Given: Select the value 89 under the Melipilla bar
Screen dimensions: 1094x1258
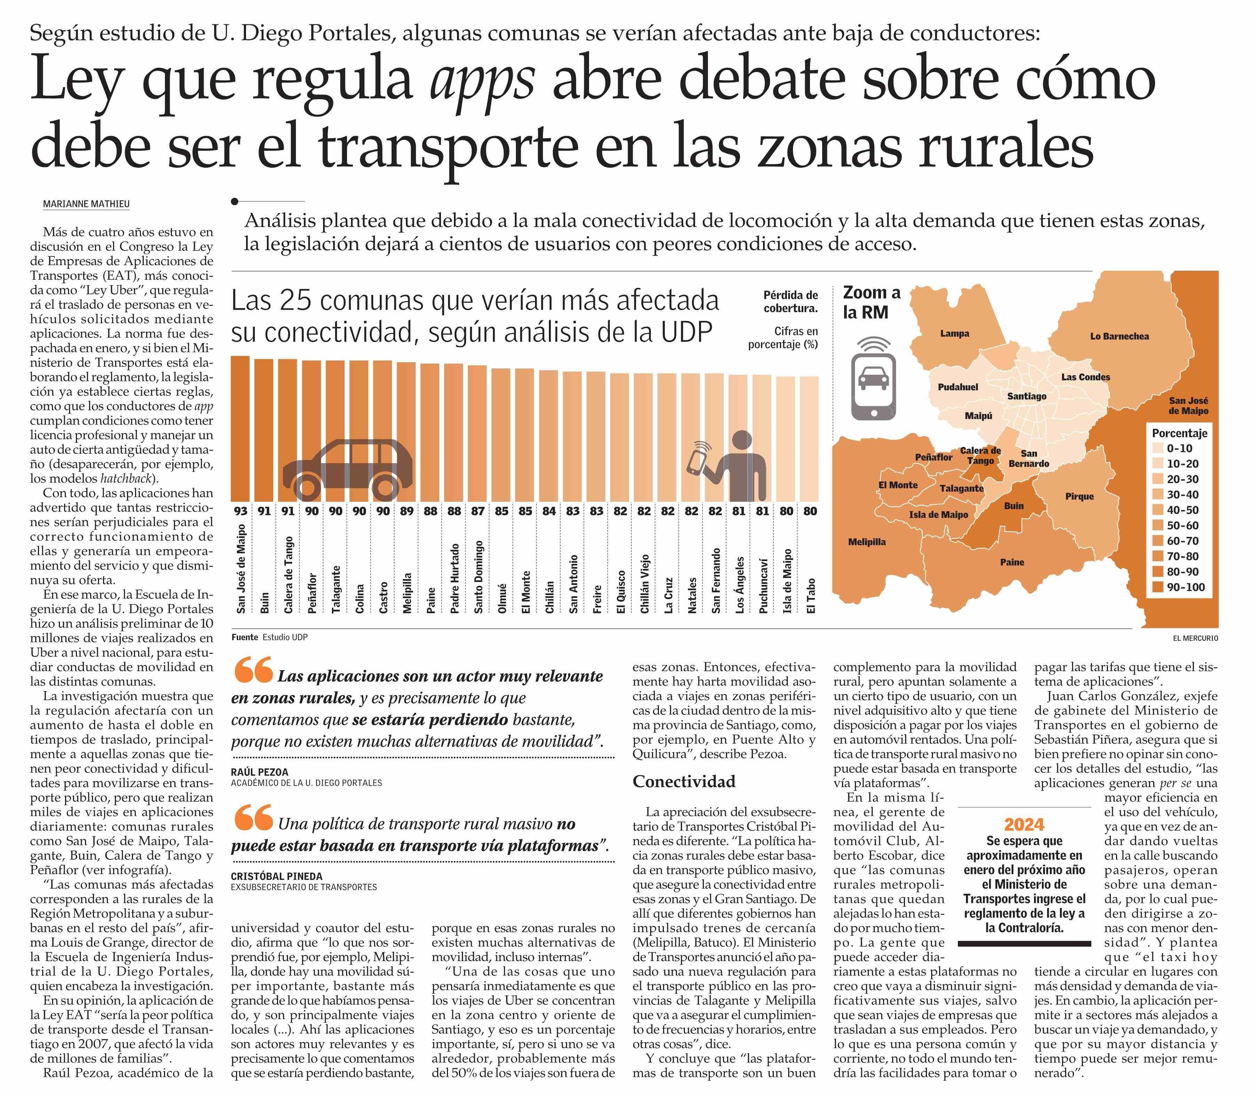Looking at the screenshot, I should (407, 511).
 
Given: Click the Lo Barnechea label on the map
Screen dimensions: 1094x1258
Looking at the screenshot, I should (1119, 336).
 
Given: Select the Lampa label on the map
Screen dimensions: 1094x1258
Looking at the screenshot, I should (954, 333).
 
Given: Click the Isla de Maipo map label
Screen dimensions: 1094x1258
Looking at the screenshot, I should (938, 515).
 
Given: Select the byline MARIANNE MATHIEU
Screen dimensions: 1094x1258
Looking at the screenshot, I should (86, 204).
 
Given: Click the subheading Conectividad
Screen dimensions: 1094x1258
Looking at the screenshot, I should (684, 782).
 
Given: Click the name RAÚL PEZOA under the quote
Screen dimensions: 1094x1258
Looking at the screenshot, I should (260, 772).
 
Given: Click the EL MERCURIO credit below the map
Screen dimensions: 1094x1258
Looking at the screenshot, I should (1195, 638).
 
